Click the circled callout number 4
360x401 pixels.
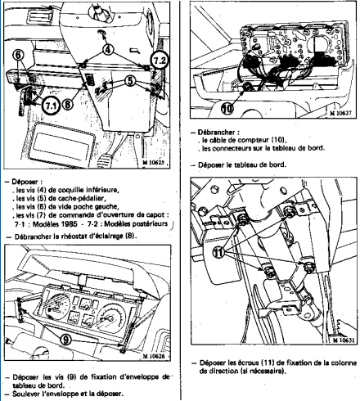point(108,50)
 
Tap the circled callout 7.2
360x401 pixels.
point(160,61)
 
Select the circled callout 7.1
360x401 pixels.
point(51,106)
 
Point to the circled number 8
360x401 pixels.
point(68,104)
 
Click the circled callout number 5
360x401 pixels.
point(131,81)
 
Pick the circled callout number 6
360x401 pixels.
point(18,55)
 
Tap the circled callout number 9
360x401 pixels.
point(65,340)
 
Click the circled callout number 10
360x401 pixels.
point(227,109)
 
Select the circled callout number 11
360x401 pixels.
point(218,252)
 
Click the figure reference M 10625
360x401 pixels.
point(154,163)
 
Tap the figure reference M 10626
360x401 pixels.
point(154,356)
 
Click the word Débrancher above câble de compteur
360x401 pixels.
point(217,133)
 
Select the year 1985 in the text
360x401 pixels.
point(67,224)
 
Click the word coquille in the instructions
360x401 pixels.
point(72,190)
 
